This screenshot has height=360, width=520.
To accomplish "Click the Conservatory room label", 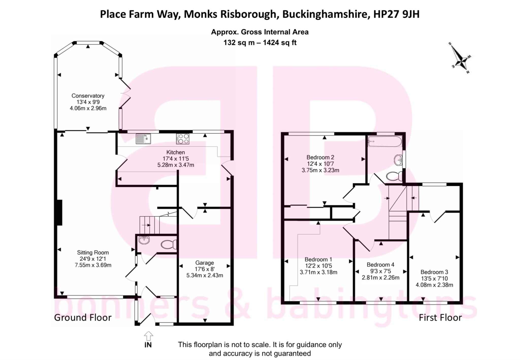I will tap(88, 96).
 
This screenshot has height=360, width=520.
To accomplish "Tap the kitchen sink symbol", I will tap(143, 139).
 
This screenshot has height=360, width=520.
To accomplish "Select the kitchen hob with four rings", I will tap(183, 139).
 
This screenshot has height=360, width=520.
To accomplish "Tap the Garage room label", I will tap(204, 263).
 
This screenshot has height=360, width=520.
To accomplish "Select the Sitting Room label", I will tap(93, 252).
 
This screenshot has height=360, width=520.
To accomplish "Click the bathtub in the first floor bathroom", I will tap(385, 141).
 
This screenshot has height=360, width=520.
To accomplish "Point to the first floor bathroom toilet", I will tap(394, 175).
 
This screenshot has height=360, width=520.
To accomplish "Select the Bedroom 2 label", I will tap(320, 157).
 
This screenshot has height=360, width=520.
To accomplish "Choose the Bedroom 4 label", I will tap(380, 265).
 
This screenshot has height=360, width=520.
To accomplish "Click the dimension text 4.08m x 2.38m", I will tap(434, 285).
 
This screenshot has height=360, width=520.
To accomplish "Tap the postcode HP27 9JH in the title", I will tap(396, 14).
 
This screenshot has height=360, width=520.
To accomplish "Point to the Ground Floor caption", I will tap(83, 318).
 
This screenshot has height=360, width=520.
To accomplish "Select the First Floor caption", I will tap(440, 318).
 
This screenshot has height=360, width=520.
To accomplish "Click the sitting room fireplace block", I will tap(59, 212).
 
